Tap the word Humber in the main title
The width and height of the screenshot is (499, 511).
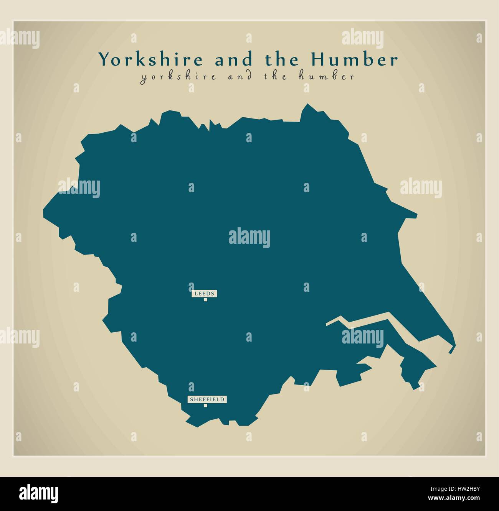(x=354, y=59)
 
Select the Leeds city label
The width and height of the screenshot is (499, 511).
(x=205, y=294)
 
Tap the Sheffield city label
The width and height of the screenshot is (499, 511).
(x=207, y=399)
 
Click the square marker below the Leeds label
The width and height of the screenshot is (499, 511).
(x=205, y=300)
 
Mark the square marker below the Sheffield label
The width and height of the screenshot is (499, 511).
(x=205, y=406)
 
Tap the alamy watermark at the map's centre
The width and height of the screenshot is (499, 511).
(x=249, y=238)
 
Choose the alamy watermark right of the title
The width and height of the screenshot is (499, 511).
(x=362, y=38)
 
